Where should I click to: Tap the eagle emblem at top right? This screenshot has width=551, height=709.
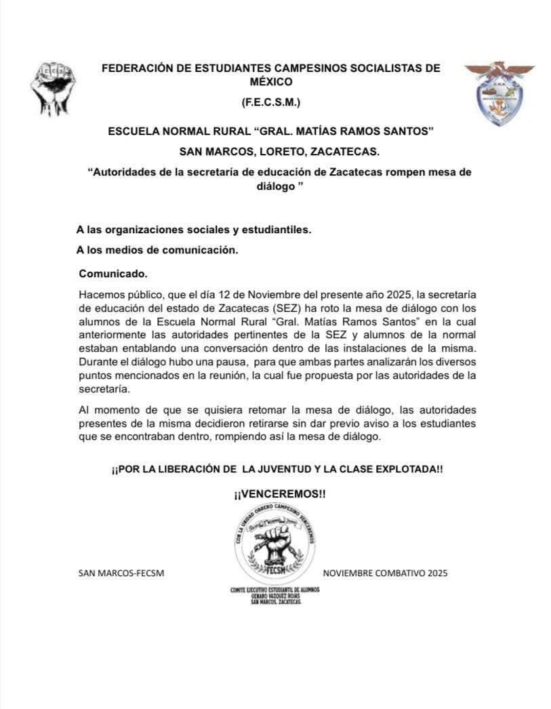[x=499, y=93]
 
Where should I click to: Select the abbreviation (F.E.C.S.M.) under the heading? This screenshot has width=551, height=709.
[x=270, y=103]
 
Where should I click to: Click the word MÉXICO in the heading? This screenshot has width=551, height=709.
[x=270, y=82]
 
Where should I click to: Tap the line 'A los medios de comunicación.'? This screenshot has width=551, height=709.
[x=157, y=249]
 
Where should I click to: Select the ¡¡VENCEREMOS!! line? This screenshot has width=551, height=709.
[x=279, y=494]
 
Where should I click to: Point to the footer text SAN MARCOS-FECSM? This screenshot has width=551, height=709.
[x=121, y=573]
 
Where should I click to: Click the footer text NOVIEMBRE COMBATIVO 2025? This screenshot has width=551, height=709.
[x=385, y=573]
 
